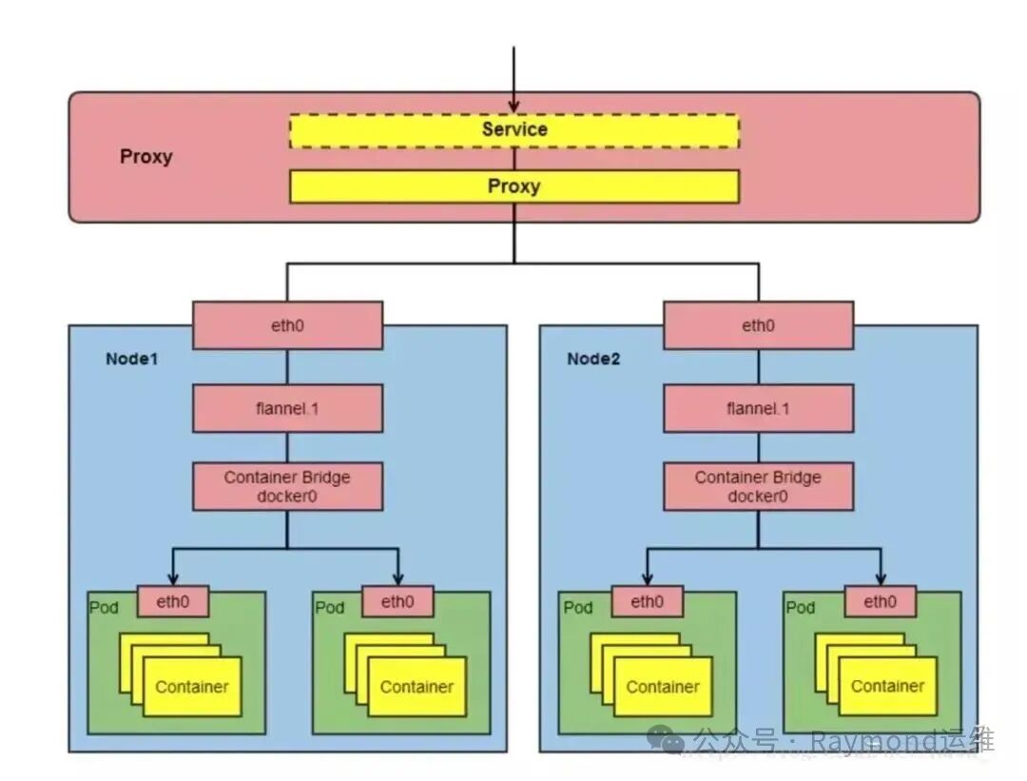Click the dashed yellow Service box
(x=513, y=130)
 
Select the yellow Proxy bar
(x=513, y=186)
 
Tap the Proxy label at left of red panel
(x=145, y=157)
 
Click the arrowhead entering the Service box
(x=513, y=107)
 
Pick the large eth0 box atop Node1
(x=287, y=325)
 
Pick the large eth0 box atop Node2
(x=758, y=325)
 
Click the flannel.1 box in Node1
(x=287, y=408)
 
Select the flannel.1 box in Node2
(x=758, y=408)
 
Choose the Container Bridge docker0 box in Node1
(x=287, y=487)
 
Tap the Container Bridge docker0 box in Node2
(x=758, y=487)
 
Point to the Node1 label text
(x=132, y=360)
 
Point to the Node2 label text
(x=593, y=360)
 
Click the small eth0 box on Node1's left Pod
(x=173, y=601)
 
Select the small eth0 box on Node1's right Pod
(x=397, y=601)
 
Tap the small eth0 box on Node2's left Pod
(x=647, y=601)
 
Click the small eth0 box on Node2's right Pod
(x=880, y=601)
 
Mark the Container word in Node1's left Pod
(x=192, y=687)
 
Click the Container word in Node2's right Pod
(x=887, y=686)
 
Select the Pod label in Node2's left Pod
(x=577, y=608)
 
